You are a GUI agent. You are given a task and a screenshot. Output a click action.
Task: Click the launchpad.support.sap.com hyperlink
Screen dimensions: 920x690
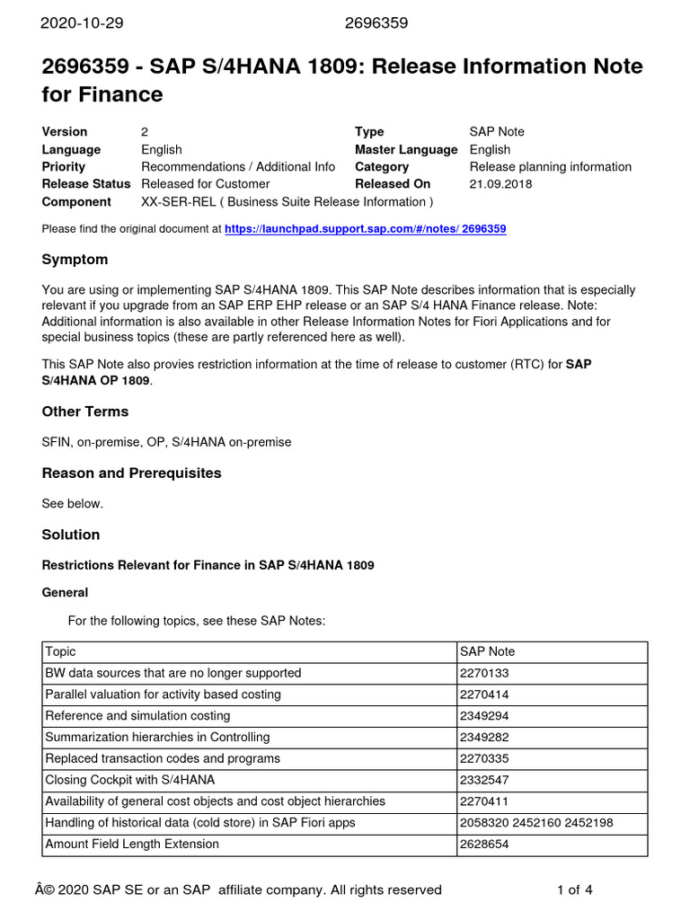point(365,229)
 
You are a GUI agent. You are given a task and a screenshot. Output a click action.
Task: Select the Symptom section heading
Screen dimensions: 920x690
point(75,260)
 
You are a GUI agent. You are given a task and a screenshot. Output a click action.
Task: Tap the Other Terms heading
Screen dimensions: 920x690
point(85,411)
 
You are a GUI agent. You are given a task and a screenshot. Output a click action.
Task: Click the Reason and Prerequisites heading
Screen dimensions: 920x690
point(131,473)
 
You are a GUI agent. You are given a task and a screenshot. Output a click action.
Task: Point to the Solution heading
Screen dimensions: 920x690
point(71,535)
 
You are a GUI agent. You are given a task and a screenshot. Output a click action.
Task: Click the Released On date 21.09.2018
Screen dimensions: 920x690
point(500,184)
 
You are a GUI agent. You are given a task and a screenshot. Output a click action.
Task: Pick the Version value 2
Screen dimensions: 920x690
point(146,132)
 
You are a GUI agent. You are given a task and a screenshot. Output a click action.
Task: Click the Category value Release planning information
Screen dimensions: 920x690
point(550,167)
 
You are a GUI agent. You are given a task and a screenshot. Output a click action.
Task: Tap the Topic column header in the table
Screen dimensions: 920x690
point(60,651)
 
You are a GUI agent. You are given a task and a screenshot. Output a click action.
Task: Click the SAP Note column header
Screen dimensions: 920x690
point(487,651)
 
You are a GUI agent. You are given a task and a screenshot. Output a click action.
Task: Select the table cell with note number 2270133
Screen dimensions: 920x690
point(484,673)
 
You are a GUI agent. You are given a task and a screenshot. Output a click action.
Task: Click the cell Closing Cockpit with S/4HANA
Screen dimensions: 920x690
point(130,780)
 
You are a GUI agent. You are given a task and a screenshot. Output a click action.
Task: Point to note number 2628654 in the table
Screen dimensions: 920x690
point(484,844)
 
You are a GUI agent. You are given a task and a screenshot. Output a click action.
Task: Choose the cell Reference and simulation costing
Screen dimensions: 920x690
point(137,716)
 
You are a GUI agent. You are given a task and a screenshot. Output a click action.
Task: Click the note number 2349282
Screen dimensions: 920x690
point(484,738)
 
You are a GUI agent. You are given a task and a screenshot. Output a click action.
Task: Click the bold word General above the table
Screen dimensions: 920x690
point(66,593)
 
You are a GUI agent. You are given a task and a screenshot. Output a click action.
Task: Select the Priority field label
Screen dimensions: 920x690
point(64,167)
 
